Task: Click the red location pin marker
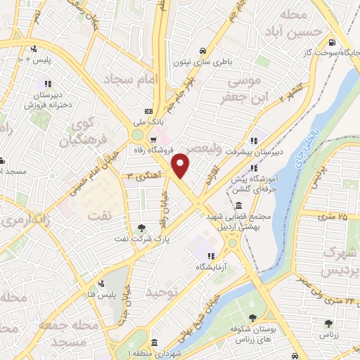181,165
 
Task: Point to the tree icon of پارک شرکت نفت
142,227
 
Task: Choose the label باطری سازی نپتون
202,61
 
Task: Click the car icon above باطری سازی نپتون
202,51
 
